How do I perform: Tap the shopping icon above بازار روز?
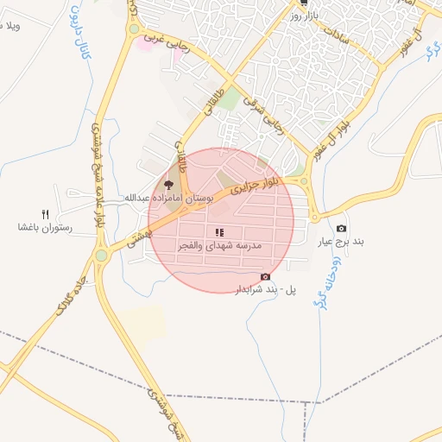303,3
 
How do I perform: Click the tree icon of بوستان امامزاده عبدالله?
169,184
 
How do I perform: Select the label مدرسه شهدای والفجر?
219,247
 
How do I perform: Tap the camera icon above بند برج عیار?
341,228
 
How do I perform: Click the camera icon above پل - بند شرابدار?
265,276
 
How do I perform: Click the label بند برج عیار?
341,242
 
